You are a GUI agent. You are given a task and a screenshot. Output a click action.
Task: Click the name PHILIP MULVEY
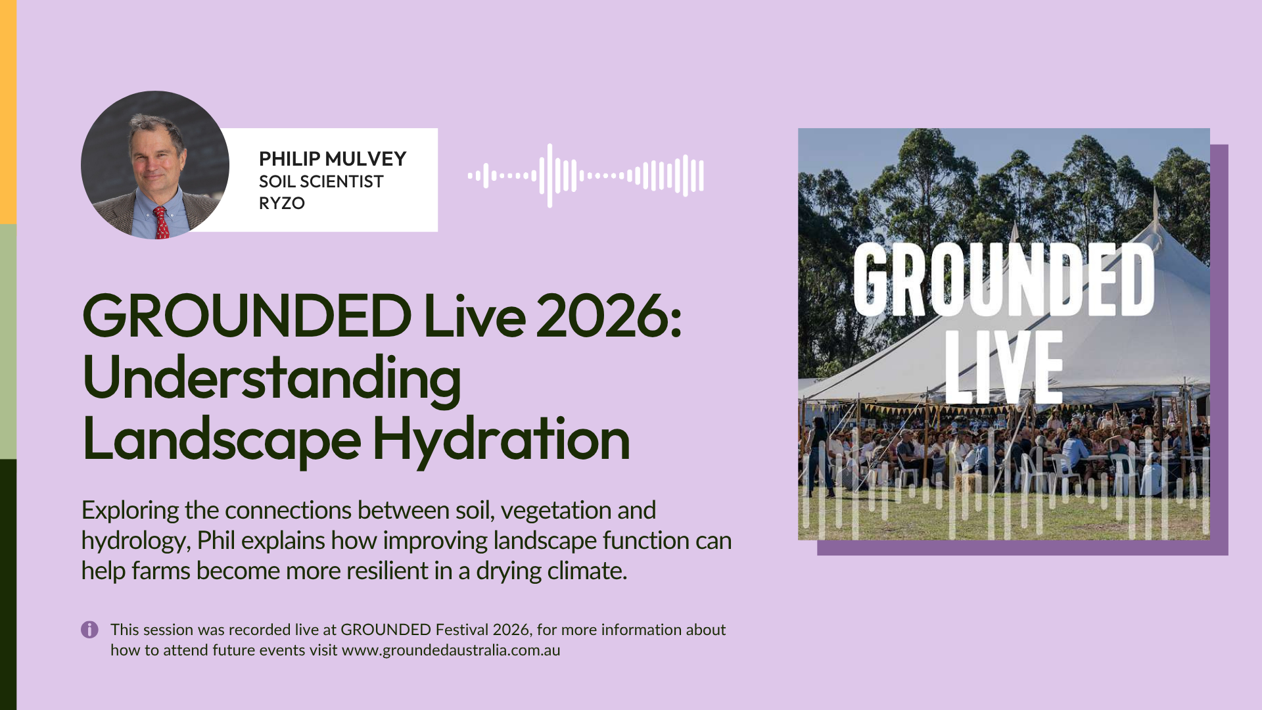tap(333, 159)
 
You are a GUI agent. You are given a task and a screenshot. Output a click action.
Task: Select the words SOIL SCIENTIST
tap(321, 181)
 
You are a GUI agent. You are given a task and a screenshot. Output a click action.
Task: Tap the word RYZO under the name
tap(282, 203)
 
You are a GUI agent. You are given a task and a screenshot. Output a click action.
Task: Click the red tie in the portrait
tap(161, 222)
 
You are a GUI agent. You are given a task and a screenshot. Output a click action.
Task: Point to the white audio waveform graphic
tap(586, 176)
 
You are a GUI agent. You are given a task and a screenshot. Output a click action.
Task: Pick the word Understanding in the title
tap(271, 379)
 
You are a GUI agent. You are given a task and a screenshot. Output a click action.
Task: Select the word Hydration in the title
tap(502, 439)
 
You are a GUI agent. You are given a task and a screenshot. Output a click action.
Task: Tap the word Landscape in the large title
tap(222, 439)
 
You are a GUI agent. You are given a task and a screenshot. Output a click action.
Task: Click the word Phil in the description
tap(216, 540)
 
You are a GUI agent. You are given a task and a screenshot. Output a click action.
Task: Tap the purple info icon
tap(89, 630)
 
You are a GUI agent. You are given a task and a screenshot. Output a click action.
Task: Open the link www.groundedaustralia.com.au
tap(451, 650)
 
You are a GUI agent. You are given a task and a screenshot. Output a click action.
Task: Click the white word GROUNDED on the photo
tap(1004, 279)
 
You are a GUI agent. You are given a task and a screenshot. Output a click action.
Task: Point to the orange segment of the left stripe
tap(8, 112)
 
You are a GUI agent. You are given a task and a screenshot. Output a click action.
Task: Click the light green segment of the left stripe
tap(8, 342)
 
